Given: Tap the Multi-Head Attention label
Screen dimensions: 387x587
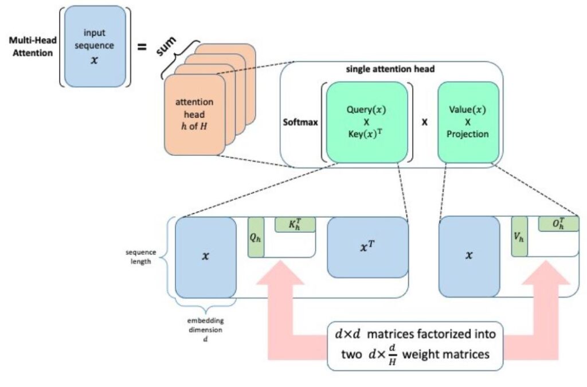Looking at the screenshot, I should pos(31,46).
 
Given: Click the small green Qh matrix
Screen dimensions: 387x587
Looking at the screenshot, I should pos(256,237).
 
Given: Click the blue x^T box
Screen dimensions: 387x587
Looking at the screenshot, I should pos(367,247).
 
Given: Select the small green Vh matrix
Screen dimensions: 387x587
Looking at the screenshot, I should pos(519,237).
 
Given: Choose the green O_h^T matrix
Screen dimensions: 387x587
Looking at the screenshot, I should pos(558,224).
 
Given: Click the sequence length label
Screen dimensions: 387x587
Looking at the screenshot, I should pos(142,256).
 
